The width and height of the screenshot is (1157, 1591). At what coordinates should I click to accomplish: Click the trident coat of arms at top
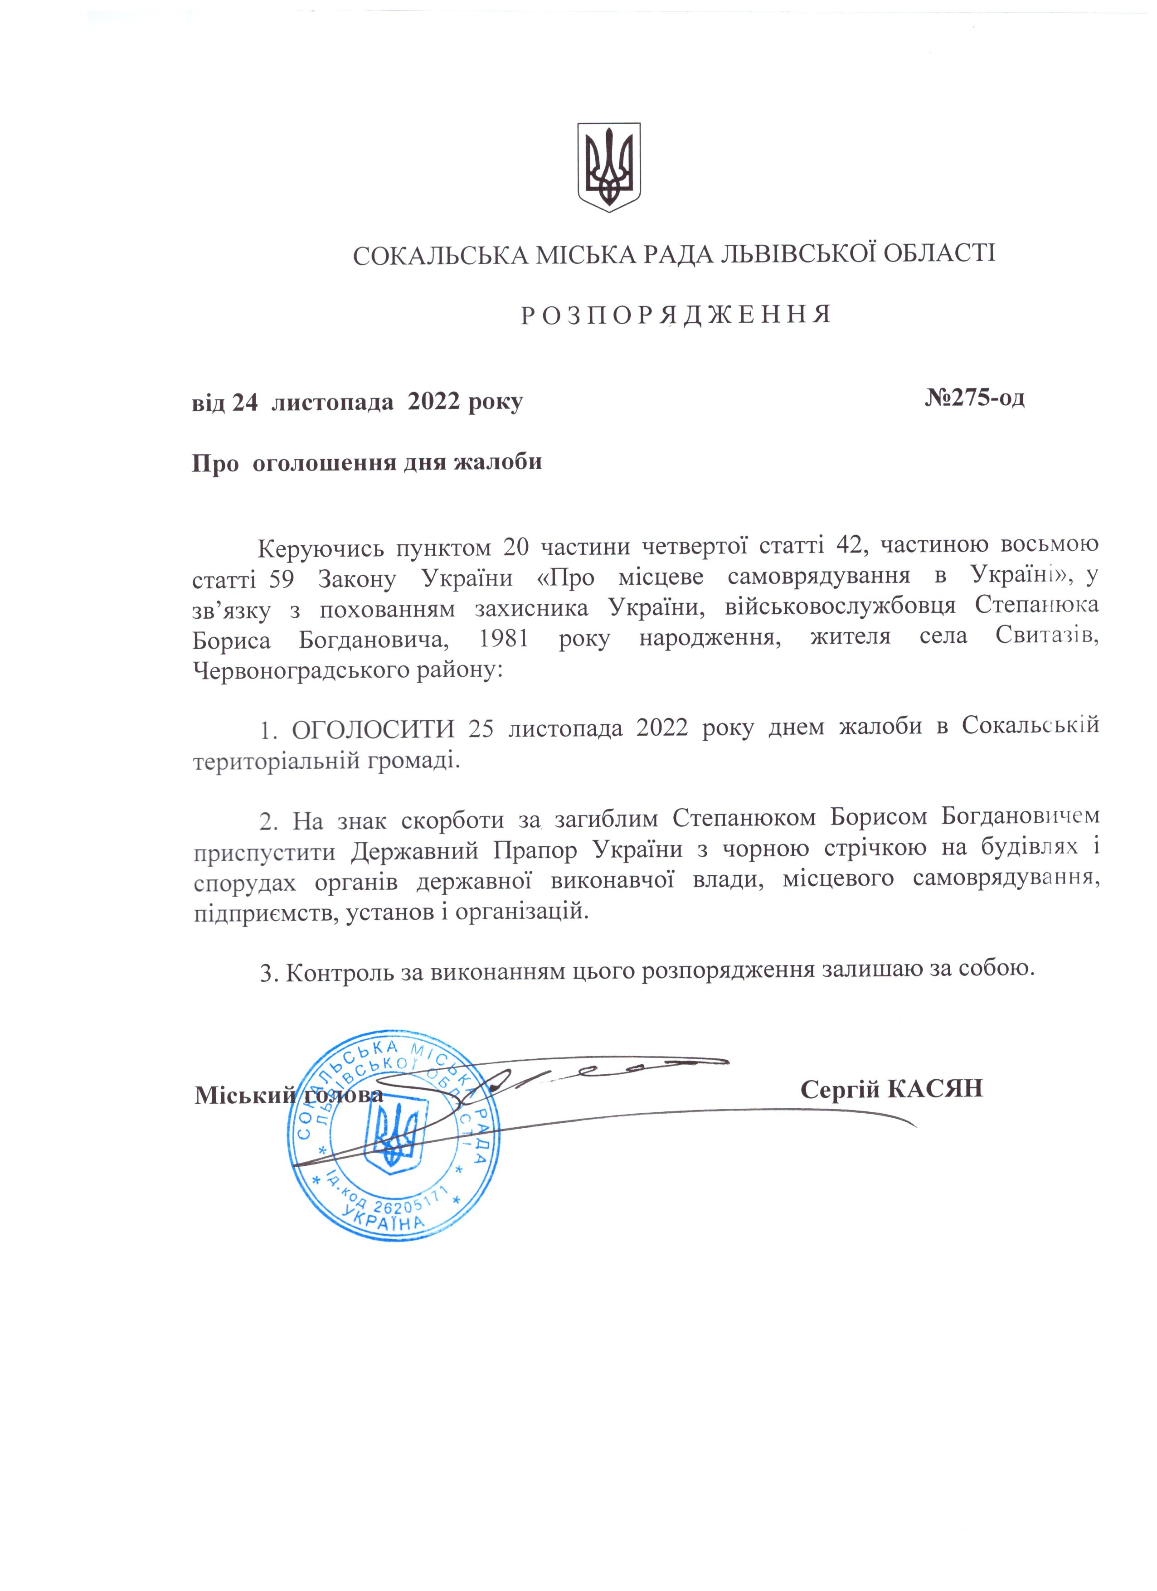click(608, 168)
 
